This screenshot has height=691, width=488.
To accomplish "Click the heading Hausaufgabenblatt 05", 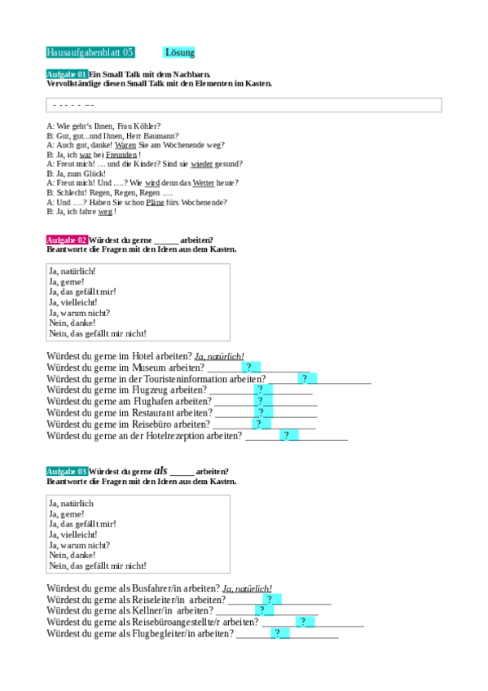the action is click(x=90, y=53).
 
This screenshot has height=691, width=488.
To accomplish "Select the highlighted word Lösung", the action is click(x=179, y=53).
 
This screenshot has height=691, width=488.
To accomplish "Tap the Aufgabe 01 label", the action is click(x=67, y=74).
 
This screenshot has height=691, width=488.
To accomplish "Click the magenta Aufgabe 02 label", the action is click(x=67, y=240).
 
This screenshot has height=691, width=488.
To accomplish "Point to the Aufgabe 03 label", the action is click(x=67, y=472).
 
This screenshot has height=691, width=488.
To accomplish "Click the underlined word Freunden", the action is click(x=121, y=154).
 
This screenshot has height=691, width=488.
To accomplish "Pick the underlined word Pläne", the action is click(x=155, y=202).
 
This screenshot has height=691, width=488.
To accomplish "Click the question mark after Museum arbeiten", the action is click(x=247, y=368).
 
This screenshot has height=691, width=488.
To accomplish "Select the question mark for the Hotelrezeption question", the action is click(x=285, y=436).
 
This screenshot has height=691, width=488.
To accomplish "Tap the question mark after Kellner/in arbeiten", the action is click(x=262, y=610).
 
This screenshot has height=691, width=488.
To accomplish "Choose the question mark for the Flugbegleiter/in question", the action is click(x=277, y=633).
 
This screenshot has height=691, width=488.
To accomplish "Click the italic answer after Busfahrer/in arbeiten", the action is click(x=247, y=588).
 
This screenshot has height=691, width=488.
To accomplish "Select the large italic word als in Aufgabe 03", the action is click(x=160, y=471).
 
